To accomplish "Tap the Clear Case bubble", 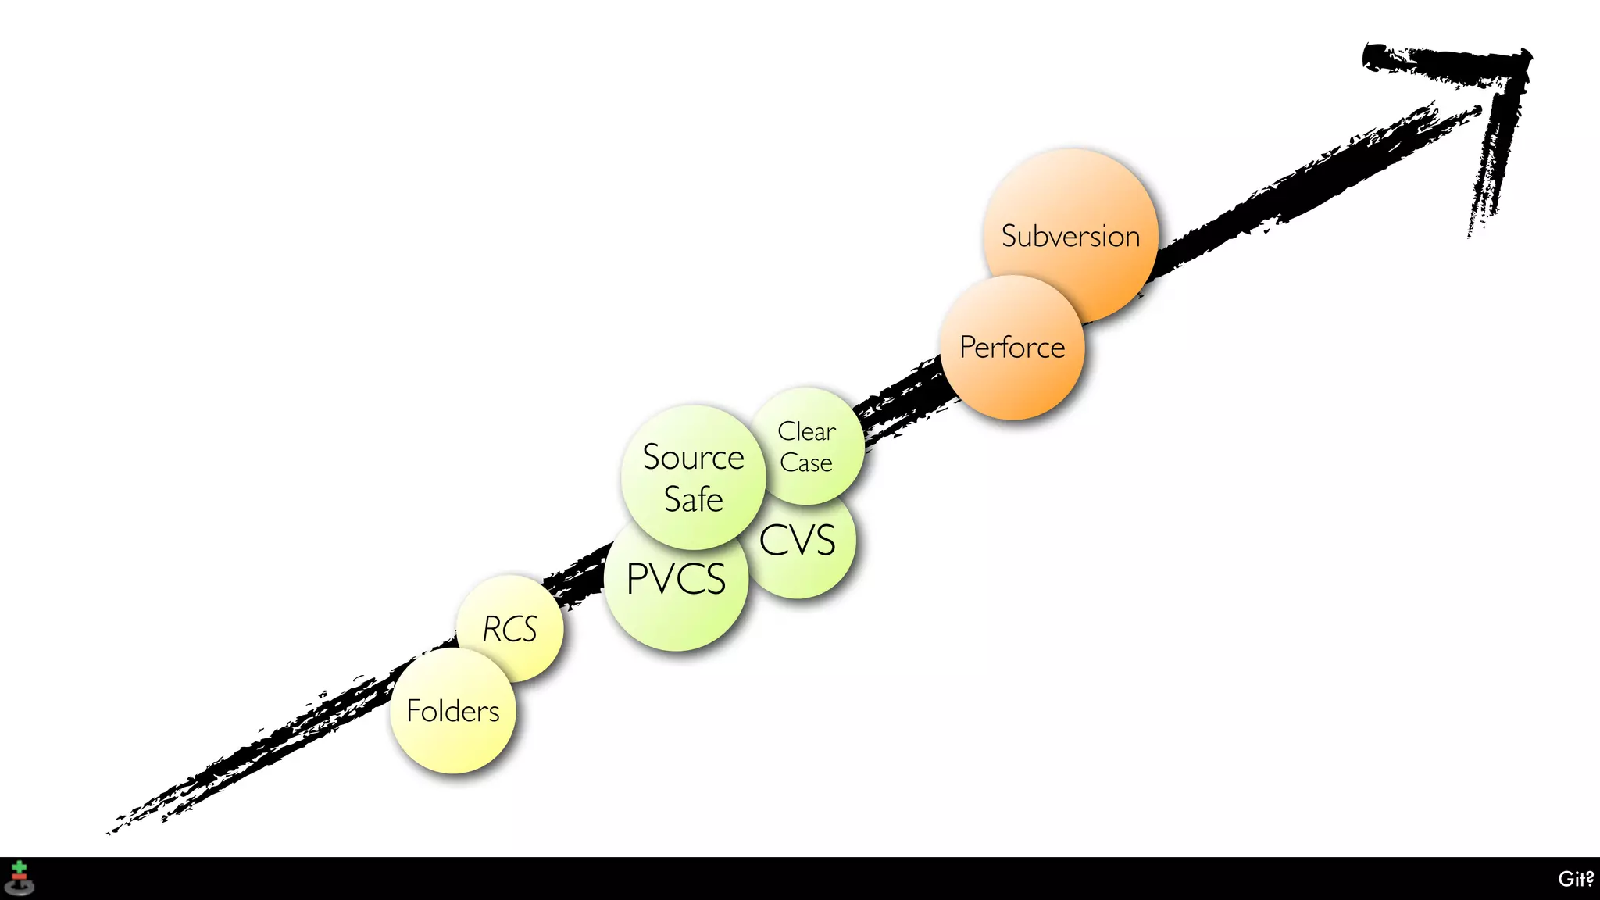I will click(x=808, y=445).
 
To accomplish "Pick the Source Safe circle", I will click(x=693, y=477).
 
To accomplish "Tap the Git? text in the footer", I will click(x=1575, y=879).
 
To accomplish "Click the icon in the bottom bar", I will click(x=20, y=878).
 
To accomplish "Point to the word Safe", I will click(x=693, y=499).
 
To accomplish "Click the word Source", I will click(x=693, y=457).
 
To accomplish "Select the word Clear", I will click(x=806, y=431).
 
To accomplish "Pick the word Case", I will click(x=806, y=462).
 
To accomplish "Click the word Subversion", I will click(x=1070, y=236).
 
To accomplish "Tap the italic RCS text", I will click(x=509, y=629).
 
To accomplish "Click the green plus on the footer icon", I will click(x=20, y=867).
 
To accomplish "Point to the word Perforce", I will click(x=1012, y=347).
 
